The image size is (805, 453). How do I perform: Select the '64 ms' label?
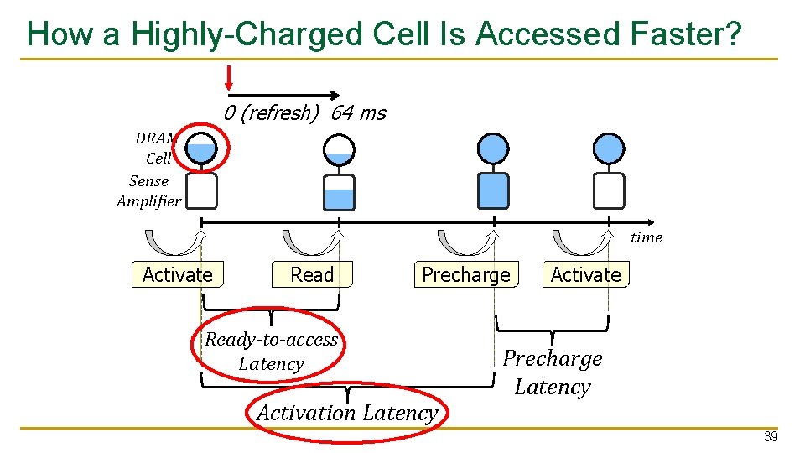tap(358, 113)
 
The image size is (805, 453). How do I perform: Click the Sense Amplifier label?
tap(149, 191)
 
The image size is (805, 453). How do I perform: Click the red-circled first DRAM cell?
tap(201, 148)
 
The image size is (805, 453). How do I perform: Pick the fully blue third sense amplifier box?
tap(492, 190)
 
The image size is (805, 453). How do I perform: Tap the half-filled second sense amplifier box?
tap(339, 191)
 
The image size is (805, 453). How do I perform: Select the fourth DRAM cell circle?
tap(608, 148)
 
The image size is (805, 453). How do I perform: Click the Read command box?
tap(311, 275)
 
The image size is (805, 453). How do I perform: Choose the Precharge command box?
tap(465, 275)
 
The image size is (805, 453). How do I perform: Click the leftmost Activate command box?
tap(177, 275)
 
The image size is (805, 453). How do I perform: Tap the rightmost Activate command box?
tap(585, 275)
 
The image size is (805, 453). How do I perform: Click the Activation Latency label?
tap(346, 413)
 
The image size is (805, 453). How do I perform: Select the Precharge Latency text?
tap(552, 372)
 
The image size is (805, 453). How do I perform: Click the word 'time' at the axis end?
tap(646, 237)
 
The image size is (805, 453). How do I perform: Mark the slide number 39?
tap(771, 437)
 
